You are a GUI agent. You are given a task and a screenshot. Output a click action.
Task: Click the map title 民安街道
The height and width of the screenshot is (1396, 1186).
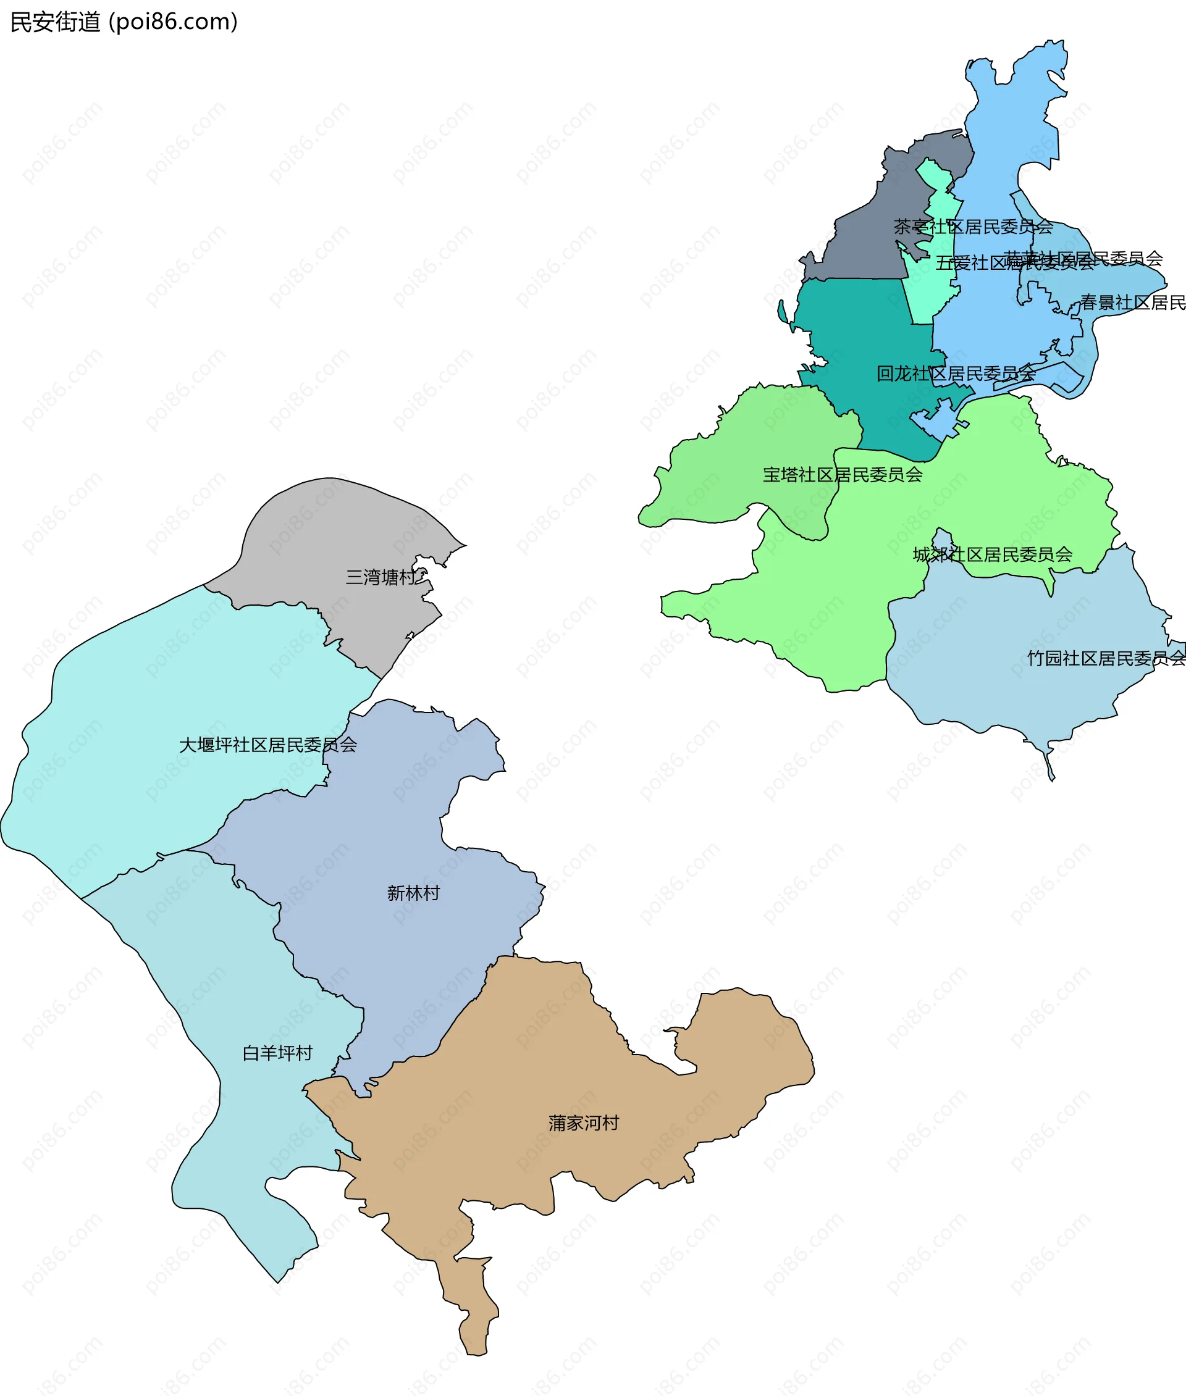click(55, 22)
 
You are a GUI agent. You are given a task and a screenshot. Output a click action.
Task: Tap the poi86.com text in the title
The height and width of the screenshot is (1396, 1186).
click(173, 22)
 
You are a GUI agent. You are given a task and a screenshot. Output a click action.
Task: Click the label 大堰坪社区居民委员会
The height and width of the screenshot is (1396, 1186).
click(267, 745)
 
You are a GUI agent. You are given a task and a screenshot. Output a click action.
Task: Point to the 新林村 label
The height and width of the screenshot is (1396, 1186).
click(413, 893)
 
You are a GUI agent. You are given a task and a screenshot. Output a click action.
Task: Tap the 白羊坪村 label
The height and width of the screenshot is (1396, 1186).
click(277, 1053)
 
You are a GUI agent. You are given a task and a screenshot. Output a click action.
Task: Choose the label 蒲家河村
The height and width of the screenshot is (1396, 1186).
click(583, 1122)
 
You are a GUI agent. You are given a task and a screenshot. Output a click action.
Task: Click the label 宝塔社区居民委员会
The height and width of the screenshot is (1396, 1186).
click(842, 475)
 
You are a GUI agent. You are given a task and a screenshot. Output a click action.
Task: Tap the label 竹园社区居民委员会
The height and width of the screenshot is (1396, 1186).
click(1105, 658)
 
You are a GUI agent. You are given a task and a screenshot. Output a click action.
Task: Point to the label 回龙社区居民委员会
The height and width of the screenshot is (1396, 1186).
click(955, 374)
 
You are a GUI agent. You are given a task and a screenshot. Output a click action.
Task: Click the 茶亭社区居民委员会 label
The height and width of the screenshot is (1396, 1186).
click(972, 227)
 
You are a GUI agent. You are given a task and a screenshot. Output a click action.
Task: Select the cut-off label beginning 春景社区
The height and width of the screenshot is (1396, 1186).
click(1132, 303)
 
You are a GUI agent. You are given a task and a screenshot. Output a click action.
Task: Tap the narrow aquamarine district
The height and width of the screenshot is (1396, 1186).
click(931, 289)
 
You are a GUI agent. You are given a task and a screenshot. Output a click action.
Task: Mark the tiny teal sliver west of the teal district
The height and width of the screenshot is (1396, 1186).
click(782, 312)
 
